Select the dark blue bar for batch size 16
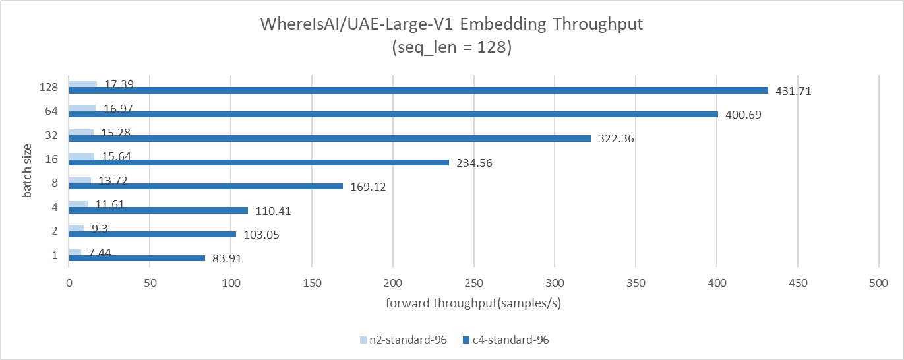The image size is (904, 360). tap(258, 162)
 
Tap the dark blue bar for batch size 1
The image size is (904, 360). tap(136, 258)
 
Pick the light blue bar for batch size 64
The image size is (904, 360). tap(82, 108)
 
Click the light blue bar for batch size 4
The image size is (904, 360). tap(78, 204)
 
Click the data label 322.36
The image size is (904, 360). tap(616, 139)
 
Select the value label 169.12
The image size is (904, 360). tap(367, 187)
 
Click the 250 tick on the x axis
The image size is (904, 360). tap(474, 282)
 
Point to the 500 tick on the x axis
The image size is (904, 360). tap(879, 282)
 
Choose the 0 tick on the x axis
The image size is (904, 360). tap(69, 282)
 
